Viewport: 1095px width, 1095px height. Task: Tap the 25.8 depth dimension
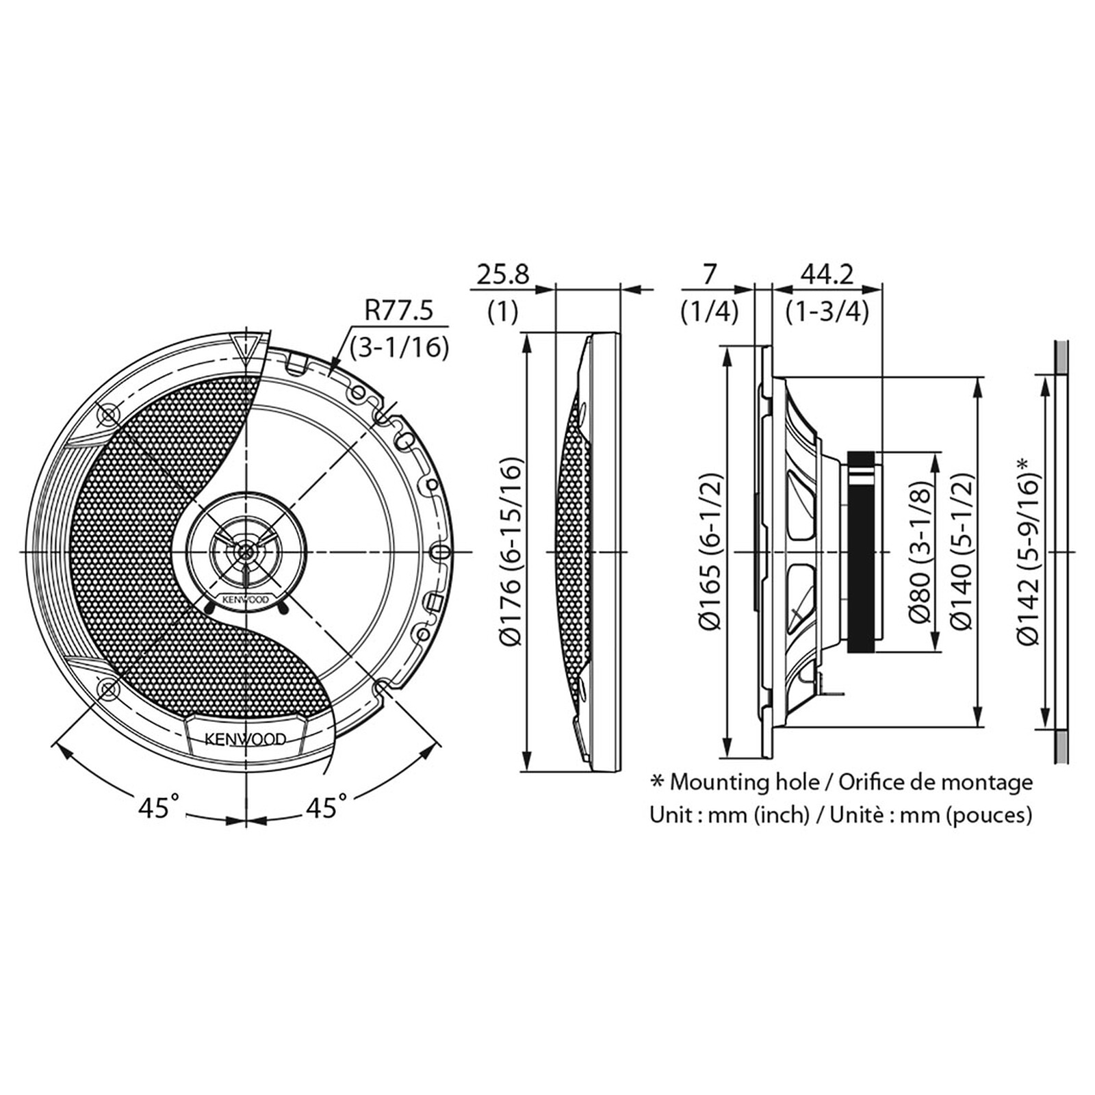point(503,275)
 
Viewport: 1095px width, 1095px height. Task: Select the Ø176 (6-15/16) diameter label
point(512,551)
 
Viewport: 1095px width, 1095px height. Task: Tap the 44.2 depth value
point(827,275)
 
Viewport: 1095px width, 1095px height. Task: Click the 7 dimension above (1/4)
point(710,275)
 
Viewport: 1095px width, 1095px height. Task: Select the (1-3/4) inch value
point(827,313)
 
